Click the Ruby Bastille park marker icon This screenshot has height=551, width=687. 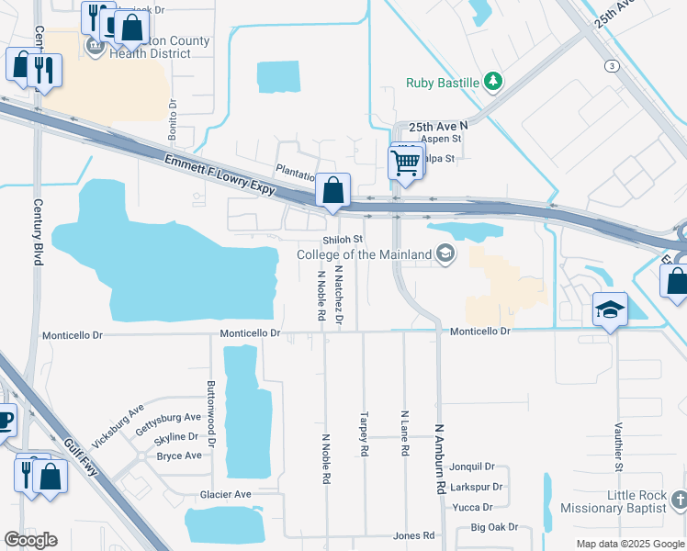(x=494, y=82)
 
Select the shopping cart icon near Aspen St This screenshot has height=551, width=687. (x=404, y=163)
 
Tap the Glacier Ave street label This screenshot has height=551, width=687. (x=225, y=494)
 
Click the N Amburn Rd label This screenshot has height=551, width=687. (x=440, y=459)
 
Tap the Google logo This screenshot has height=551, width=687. (x=30, y=539)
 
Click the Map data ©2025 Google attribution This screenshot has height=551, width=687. (x=629, y=544)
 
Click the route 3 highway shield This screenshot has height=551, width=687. (x=611, y=65)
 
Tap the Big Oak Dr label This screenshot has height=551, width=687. (x=494, y=527)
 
